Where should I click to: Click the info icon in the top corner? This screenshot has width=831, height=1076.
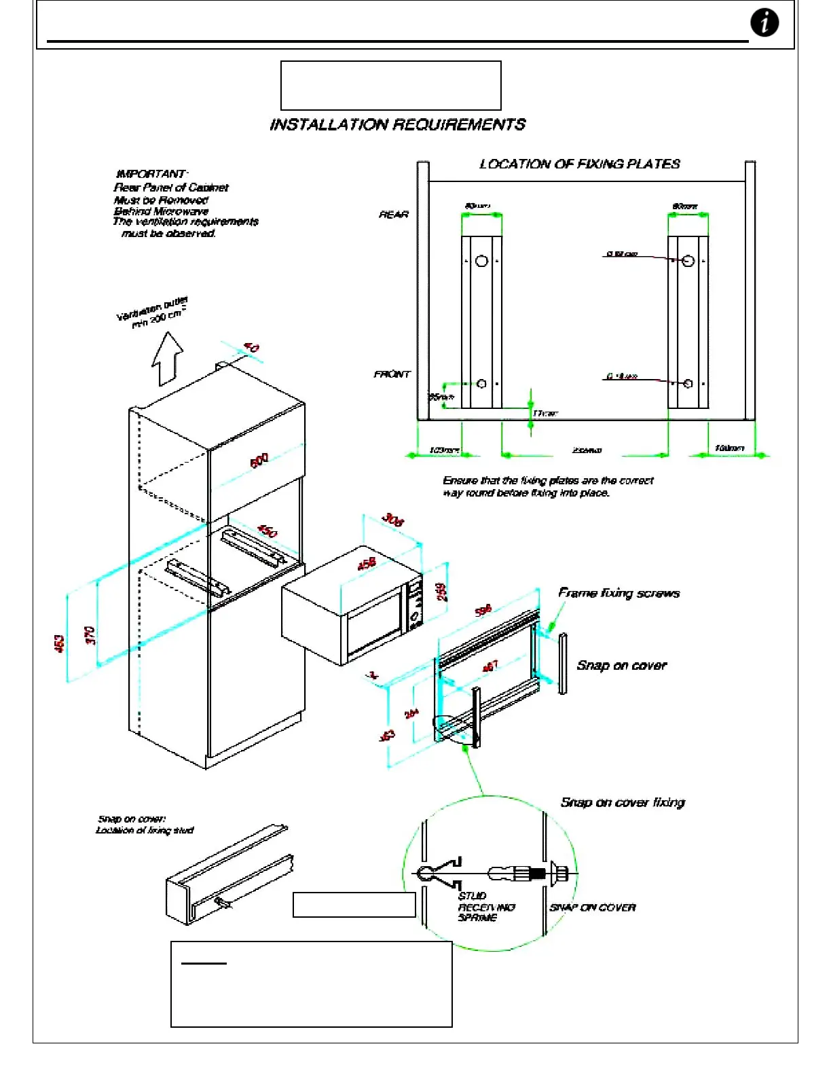click(764, 22)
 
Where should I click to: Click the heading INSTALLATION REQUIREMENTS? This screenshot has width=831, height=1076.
click(397, 124)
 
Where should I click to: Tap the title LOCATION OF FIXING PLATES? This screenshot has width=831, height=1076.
click(579, 164)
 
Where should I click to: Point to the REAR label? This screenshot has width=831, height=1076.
click(394, 215)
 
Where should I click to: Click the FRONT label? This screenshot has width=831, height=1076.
click(392, 374)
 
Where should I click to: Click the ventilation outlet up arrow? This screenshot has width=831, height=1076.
click(167, 358)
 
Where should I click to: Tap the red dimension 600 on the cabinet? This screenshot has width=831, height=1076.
click(259, 460)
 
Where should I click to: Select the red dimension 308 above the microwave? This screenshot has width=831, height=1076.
click(392, 520)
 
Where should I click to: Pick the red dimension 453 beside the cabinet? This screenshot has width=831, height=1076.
click(60, 643)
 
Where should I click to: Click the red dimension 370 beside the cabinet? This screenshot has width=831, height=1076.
click(90, 636)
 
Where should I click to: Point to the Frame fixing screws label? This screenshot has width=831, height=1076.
click(618, 593)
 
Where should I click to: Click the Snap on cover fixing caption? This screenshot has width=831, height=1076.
click(623, 802)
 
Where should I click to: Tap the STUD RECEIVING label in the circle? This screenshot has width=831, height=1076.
click(486, 907)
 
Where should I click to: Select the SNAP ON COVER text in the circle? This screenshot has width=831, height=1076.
click(593, 908)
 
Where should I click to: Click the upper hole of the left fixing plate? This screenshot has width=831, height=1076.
click(481, 261)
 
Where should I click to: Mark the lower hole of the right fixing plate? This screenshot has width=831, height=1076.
click(688, 384)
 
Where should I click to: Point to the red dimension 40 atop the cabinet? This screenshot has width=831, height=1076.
click(251, 348)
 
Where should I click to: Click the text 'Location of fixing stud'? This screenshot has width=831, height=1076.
click(145, 830)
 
